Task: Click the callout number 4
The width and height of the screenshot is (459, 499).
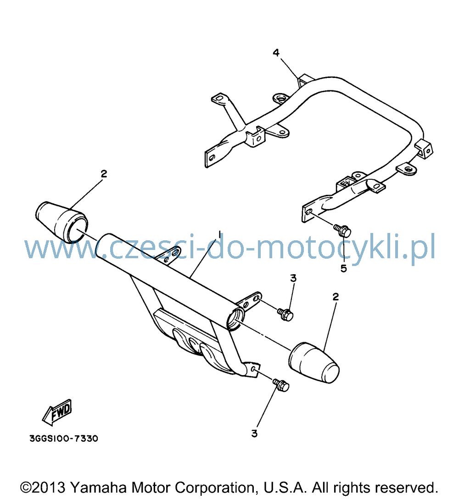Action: click(276, 52)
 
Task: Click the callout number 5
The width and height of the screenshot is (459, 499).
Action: click(343, 269)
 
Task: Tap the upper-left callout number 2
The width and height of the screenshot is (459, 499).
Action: click(104, 174)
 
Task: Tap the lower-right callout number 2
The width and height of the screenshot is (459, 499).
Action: click(336, 297)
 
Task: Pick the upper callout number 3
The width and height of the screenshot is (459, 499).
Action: click(293, 278)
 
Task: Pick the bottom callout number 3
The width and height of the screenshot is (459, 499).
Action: click(254, 433)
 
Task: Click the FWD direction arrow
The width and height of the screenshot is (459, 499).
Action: click(57, 412)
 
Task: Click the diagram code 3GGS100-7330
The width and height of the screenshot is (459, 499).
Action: click(64, 438)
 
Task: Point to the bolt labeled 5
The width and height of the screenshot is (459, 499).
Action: click(342, 230)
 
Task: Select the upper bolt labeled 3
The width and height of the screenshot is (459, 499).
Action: click(285, 315)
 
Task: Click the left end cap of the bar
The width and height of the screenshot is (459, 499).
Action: click(62, 222)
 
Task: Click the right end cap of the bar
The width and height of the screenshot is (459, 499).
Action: click(314, 362)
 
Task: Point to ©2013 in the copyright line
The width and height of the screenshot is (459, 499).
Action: click(43, 487)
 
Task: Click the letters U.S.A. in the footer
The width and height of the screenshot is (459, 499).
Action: click(285, 487)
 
